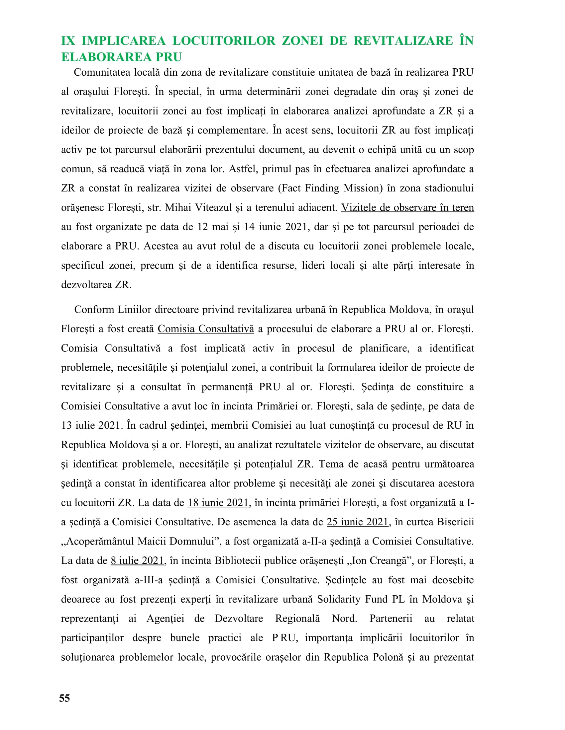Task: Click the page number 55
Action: pyautogui.click(x=64, y=698)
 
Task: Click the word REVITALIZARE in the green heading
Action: pyautogui.click(x=403, y=41)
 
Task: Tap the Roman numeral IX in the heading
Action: pyautogui.click(x=68, y=41)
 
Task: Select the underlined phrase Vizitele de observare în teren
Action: pyautogui.click(x=407, y=208)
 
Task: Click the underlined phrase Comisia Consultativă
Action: pyautogui.click(x=206, y=329)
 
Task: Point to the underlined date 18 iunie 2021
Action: pyautogui.click(x=218, y=503)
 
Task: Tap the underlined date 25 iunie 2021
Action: pyautogui.click(x=357, y=522)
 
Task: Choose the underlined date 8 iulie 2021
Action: pyautogui.click(x=137, y=560)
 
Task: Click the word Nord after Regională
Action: pyautogui.click(x=344, y=619)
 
